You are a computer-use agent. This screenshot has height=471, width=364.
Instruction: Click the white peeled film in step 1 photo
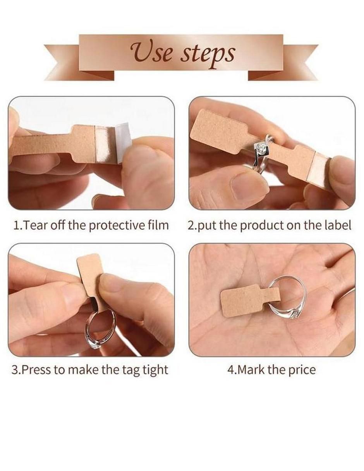tap(123, 136)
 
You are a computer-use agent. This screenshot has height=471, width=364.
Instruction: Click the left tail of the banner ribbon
tap(79, 63)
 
